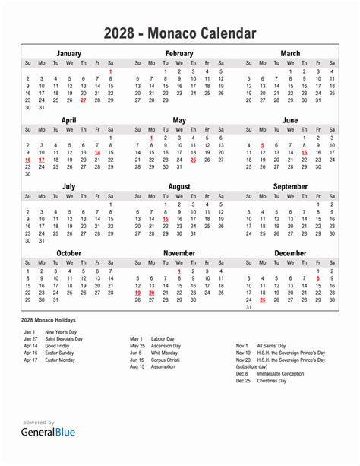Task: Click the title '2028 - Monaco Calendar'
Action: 180,34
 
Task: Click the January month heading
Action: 69,54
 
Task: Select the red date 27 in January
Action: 84,100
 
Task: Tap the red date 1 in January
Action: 111,71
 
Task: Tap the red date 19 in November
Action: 137,293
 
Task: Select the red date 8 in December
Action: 318,279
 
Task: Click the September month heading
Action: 290,186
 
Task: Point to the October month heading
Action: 69,253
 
